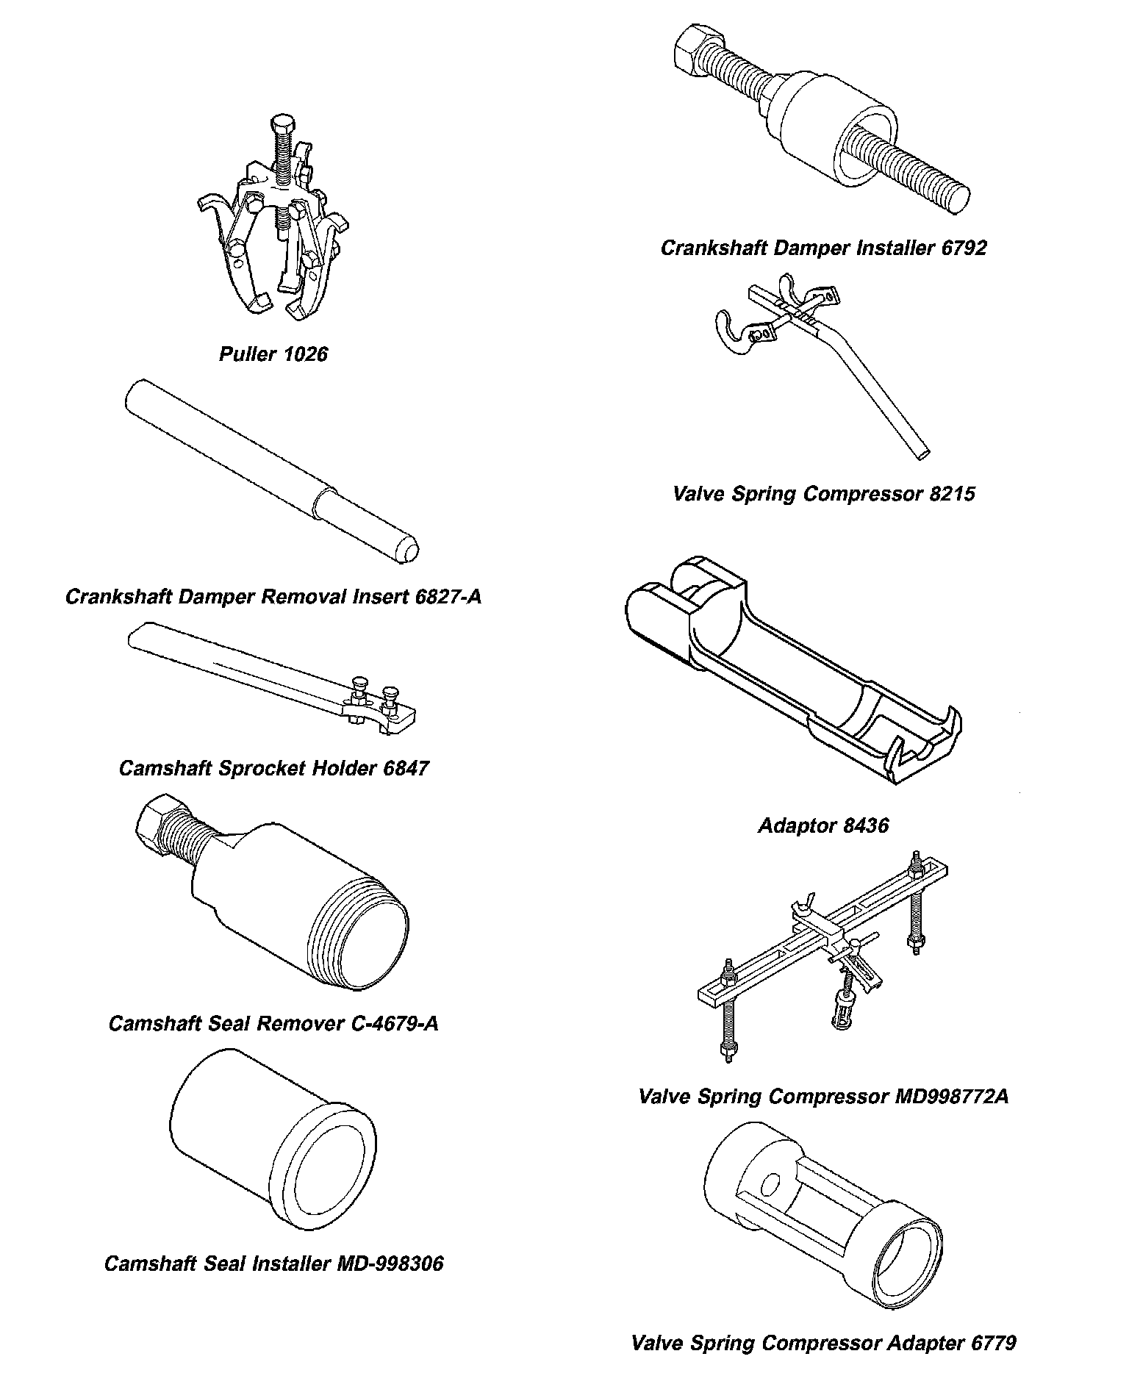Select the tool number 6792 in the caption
point(963,248)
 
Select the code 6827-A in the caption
point(448,596)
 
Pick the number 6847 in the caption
point(406,769)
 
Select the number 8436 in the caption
point(866,825)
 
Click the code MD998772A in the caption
point(951,1097)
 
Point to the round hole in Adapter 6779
point(770,1184)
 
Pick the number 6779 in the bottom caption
point(993,1343)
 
